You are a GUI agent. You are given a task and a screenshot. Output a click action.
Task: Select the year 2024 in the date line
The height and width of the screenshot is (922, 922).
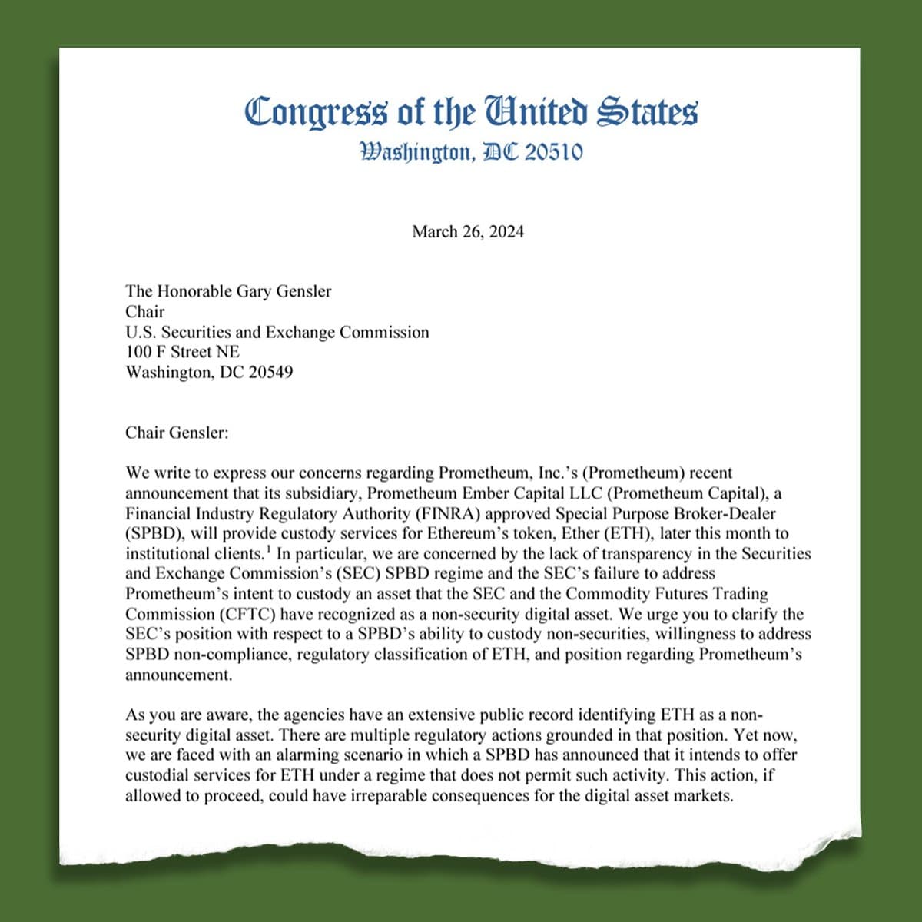click(x=504, y=231)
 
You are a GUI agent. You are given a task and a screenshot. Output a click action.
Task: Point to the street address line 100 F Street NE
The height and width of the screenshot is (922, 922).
click(x=183, y=352)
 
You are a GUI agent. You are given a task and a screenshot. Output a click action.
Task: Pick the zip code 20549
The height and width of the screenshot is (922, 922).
click(x=270, y=373)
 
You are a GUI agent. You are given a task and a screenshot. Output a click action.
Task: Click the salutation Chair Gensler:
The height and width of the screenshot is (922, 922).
click(x=177, y=433)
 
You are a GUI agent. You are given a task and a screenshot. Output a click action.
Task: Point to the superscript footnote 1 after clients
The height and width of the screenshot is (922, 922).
click(x=268, y=549)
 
